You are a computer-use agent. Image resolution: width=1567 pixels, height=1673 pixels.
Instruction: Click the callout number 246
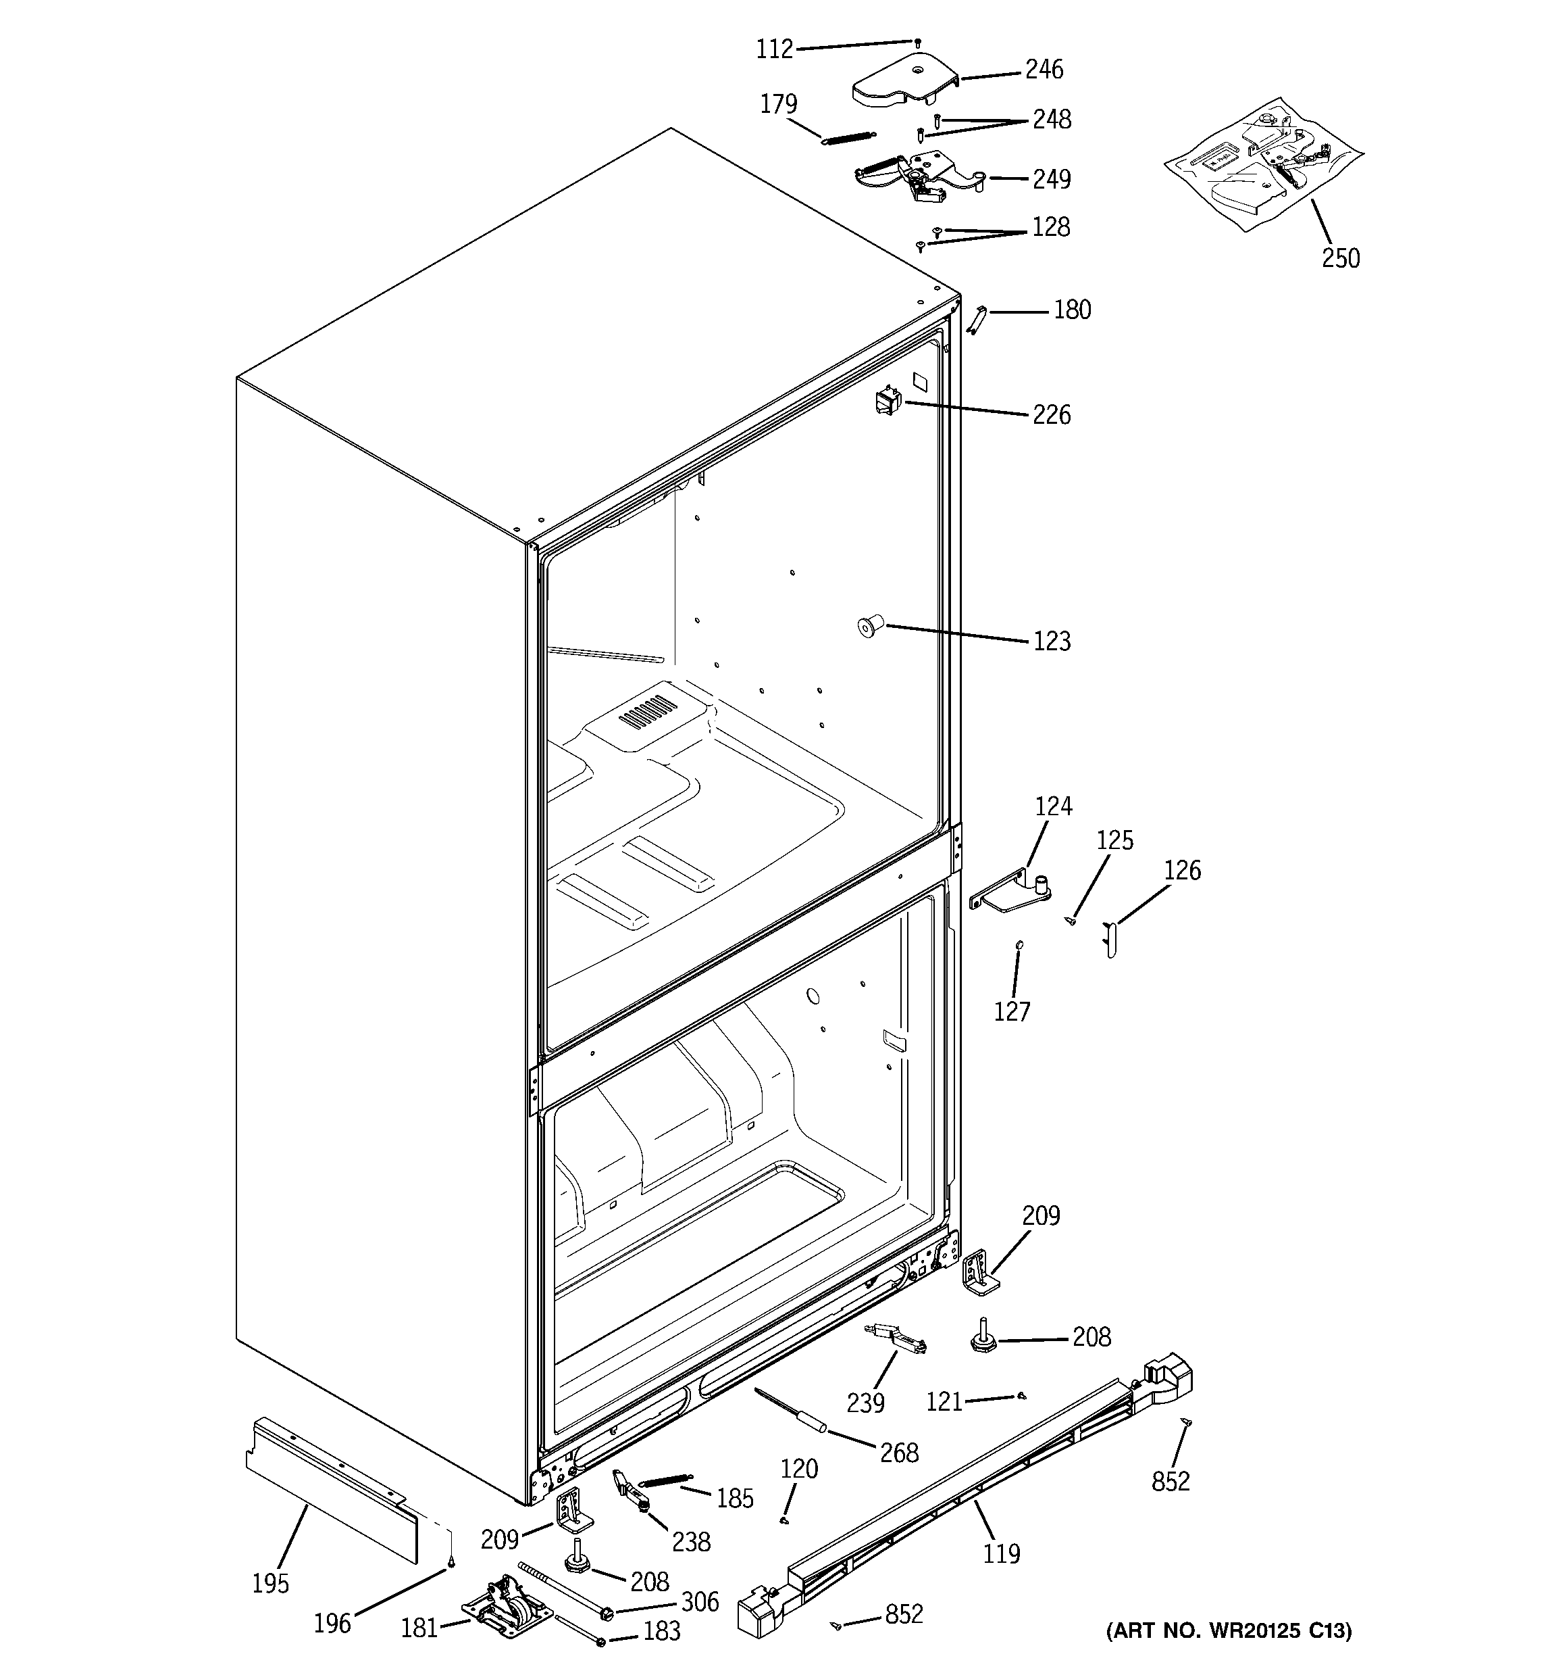coord(1043,69)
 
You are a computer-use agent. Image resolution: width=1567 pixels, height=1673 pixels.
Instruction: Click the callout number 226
coord(1052,415)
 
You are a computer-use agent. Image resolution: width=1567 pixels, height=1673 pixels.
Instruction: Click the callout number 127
coord(1011,1011)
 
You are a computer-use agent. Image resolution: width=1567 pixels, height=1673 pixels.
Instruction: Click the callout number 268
coord(898,1453)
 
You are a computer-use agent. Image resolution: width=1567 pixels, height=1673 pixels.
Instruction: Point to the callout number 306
coord(699,1601)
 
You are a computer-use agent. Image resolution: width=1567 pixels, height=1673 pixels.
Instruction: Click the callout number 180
coord(1072,310)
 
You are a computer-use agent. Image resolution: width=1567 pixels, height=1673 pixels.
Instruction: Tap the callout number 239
coord(865,1403)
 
